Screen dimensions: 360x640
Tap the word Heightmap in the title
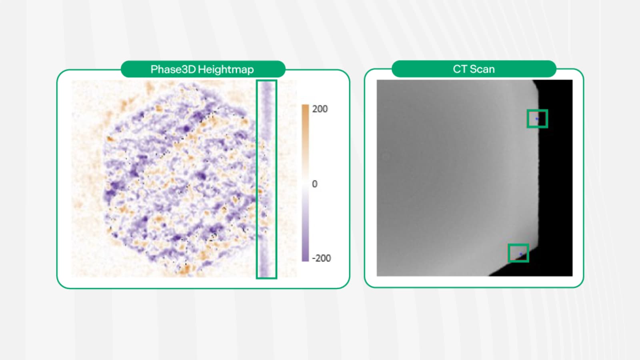[226, 70]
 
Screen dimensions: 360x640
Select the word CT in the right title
[460, 69]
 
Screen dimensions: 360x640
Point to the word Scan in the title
[482, 69]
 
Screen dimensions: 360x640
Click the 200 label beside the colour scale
[320, 109]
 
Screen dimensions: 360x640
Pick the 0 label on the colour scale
[314, 184]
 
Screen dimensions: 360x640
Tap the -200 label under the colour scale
[321, 258]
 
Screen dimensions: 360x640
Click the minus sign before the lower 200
[314, 258]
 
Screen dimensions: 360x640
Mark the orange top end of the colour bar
[305, 108]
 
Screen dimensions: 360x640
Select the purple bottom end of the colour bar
[305, 258]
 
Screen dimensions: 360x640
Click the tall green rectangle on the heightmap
[266, 179]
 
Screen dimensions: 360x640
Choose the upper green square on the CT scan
[537, 119]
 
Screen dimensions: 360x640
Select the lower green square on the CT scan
[518, 253]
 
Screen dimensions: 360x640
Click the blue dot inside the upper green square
[537, 118]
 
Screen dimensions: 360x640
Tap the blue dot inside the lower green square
[520, 254]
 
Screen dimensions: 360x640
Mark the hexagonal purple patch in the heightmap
[180, 176]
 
